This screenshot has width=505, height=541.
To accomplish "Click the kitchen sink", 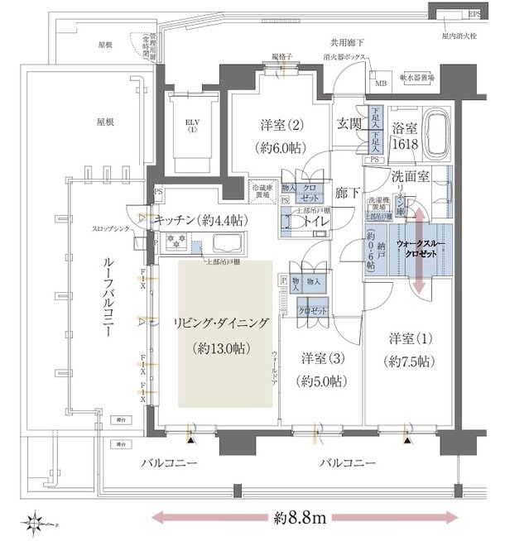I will click(x=225, y=244).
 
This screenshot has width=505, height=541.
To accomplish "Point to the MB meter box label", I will click(x=381, y=84).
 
